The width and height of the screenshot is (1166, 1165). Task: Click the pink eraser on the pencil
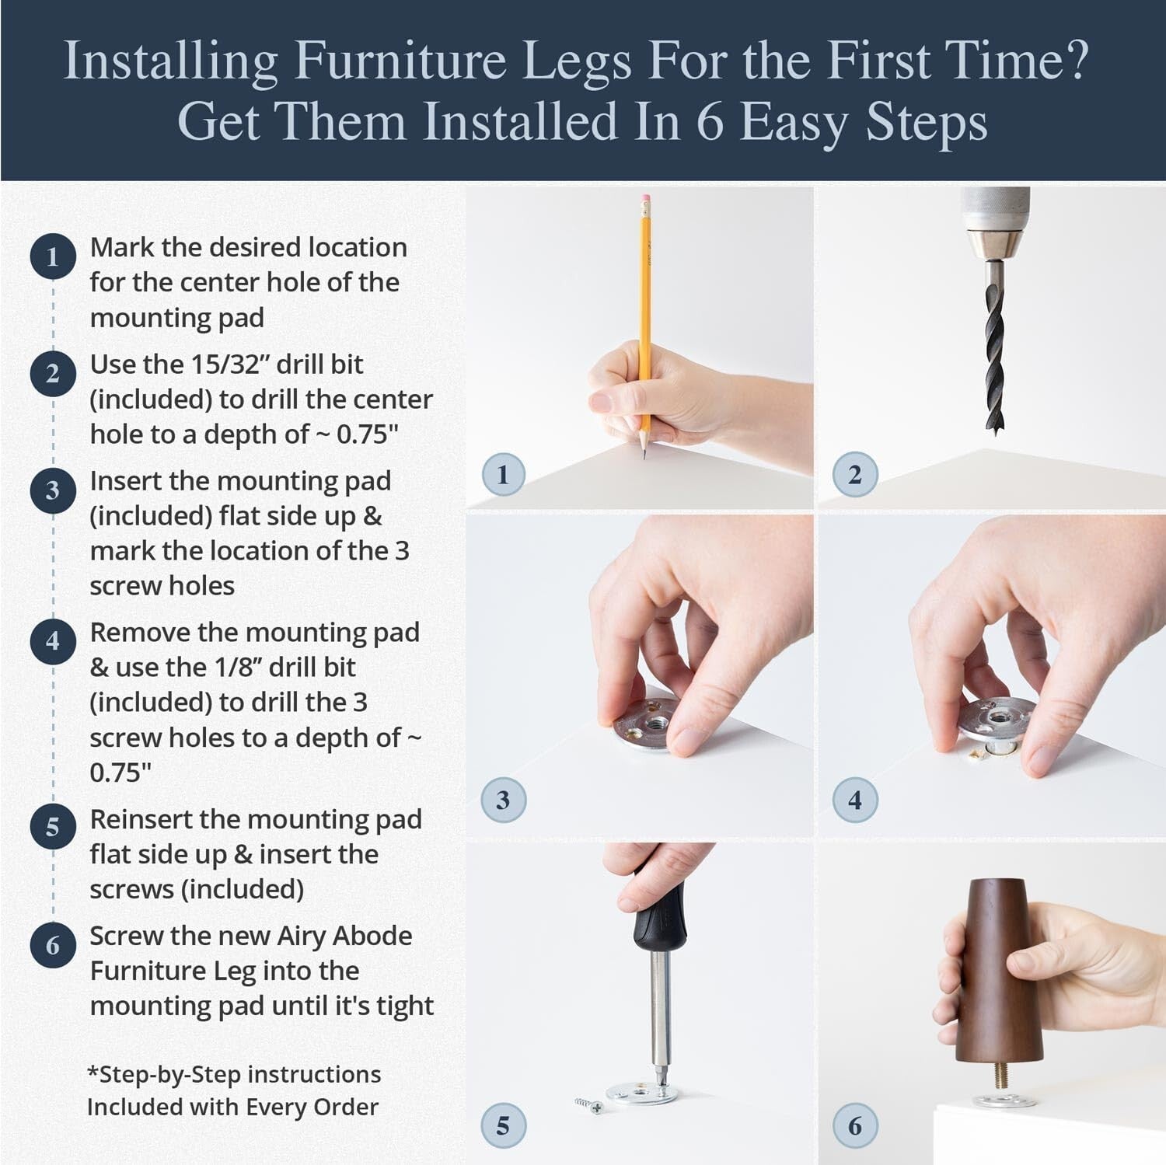click(x=645, y=200)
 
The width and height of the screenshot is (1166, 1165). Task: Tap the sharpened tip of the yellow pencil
click(x=644, y=453)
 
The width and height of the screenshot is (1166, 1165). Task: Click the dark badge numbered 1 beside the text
click(x=53, y=256)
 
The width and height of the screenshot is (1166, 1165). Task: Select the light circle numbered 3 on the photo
click(x=503, y=800)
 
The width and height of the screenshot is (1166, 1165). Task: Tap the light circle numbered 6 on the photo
click(x=855, y=1125)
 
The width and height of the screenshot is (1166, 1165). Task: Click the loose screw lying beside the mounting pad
click(x=589, y=1104)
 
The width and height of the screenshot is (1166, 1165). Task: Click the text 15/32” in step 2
click(x=230, y=364)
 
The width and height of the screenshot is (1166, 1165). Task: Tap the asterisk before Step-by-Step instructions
click(x=93, y=1073)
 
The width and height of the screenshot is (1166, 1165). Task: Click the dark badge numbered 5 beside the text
click(x=53, y=827)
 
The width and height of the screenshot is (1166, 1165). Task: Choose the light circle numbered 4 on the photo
click(x=855, y=800)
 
